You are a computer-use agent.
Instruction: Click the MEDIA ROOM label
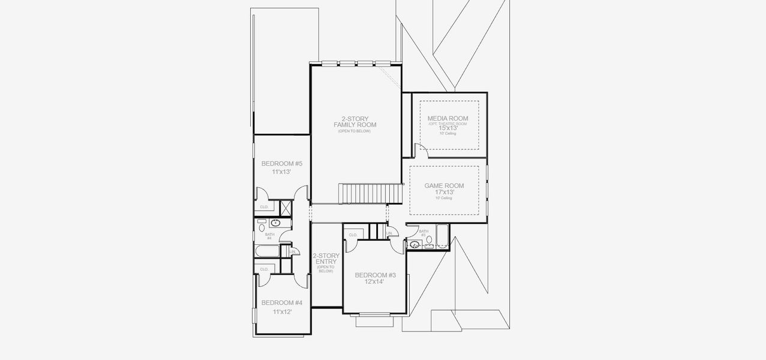447,119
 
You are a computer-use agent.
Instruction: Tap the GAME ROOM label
444,186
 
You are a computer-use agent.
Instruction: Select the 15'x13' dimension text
447,128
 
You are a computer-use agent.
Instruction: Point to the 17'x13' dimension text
444,193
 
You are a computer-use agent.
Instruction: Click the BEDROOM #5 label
281,164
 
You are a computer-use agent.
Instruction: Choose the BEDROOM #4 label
281,303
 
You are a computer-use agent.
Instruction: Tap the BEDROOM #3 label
375,275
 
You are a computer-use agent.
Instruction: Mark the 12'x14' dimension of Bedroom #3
375,281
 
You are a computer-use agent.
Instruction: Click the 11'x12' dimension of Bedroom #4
281,312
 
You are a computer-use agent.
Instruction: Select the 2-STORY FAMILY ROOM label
355,121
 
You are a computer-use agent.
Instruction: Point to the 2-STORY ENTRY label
326,259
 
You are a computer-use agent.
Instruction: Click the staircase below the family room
362,194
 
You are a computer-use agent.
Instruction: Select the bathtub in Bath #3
441,236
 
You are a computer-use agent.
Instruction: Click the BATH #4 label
269,236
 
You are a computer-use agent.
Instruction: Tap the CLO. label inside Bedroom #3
353,235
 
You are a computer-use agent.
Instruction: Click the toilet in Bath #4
262,227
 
